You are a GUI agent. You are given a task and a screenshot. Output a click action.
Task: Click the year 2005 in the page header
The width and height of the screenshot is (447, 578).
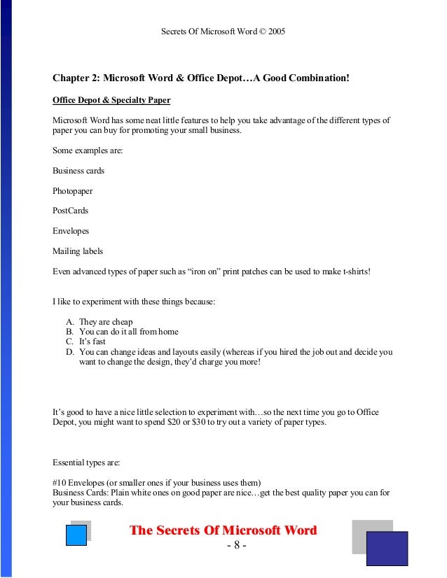point(276,32)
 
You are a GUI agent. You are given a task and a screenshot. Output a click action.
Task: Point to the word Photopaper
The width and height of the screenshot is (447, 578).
point(72,190)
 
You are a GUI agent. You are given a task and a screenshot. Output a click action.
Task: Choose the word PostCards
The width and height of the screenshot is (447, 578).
point(70,210)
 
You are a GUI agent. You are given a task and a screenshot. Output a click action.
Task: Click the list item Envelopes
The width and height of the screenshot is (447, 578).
point(71,230)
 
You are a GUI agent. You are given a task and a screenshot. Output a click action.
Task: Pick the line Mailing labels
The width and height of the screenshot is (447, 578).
point(77,251)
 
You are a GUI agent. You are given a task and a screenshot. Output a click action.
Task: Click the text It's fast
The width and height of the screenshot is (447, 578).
point(93,341)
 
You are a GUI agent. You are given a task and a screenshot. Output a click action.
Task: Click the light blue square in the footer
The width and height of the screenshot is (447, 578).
point(76,535)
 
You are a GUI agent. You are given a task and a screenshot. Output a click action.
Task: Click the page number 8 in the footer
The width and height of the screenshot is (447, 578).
point(236,545)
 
